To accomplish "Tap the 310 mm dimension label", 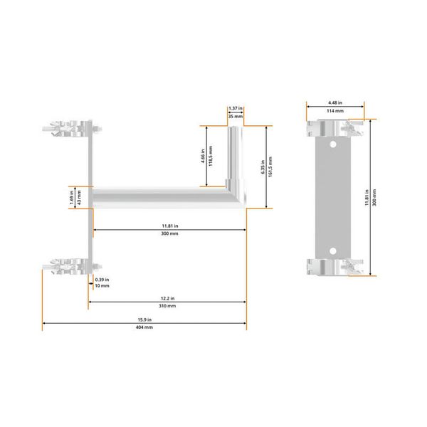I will coord(167,305).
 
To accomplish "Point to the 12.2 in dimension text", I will coord(167,297).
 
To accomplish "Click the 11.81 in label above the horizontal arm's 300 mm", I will coord(169,226).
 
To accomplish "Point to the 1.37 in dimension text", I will coord(236,107).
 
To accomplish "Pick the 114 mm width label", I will coord(334,111).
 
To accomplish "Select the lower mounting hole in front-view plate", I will coord(334,250).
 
